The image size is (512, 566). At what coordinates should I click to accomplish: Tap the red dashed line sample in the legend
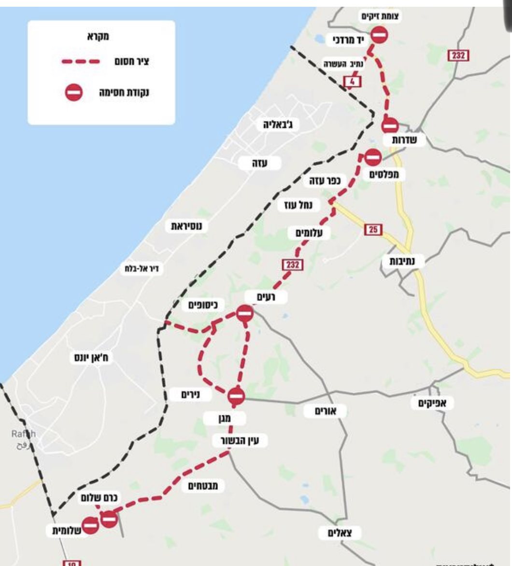tap(80, 62)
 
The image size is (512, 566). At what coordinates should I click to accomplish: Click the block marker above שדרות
tap(390, 125)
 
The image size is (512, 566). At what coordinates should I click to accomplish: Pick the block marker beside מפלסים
tap(373, 157)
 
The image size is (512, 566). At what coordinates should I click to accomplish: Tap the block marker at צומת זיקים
tap(380, 35)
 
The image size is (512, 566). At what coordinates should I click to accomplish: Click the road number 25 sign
tap(373, 230)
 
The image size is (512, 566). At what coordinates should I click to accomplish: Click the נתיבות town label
tap(406, 261)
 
